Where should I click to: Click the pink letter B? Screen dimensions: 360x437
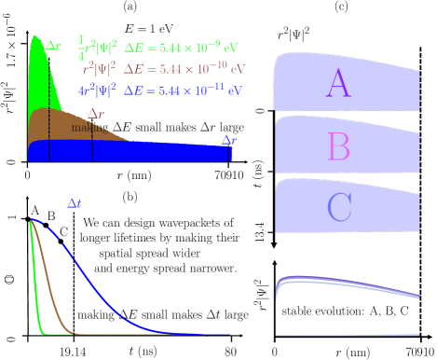pos(338,146)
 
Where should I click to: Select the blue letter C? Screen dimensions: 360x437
pos(339,207)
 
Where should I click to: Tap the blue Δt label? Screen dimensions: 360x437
pos(75,202)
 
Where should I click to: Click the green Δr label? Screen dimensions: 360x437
pos(54,43)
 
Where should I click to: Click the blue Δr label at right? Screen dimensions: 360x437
pos(228,140)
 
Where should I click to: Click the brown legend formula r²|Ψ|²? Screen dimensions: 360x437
pos(98,68)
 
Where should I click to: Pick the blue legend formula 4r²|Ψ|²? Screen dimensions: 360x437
pos(97,90)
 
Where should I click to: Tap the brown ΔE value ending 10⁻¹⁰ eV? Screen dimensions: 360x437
pos(184,68)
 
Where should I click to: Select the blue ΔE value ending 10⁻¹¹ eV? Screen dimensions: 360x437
pos(184,90)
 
